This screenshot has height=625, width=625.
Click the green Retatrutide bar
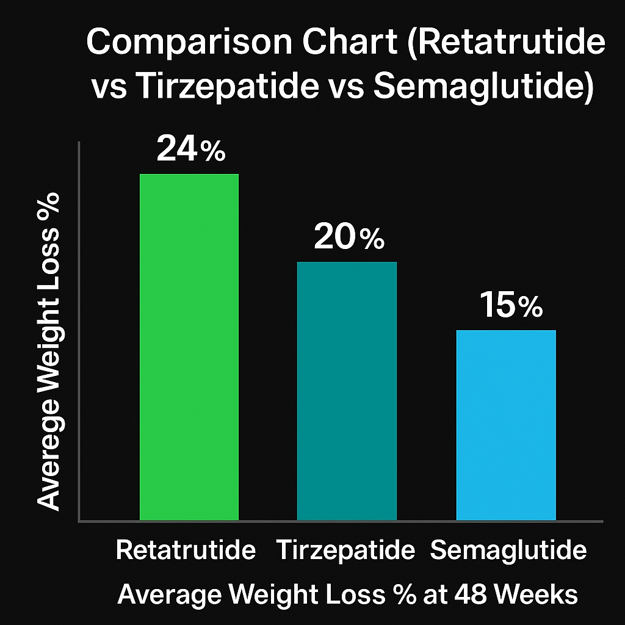pyautogui.click(x=189, y=347)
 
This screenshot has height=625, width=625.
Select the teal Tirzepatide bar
pyautogui.click(x=347, y=391)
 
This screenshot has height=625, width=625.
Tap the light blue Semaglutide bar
pyautogui.click(x=506, y=425)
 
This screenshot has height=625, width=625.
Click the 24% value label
pyautogui.click(x=191, y=149)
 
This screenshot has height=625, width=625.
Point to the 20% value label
pyautogui.click(x=349, y=237)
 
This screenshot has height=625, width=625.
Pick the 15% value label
pyautogui.click(x=511, y=305)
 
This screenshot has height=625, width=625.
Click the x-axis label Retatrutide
pyautogui.click(x=186, y=550)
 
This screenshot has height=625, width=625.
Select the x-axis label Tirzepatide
pyautogui.click(x=345, y=550)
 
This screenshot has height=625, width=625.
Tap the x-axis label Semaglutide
pyautogui.click(x=508, y=550)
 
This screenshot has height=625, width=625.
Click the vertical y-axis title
pyautogui.click(x=49, y=352)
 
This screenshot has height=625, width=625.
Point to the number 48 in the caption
pyautogui.click(x=471, y=594)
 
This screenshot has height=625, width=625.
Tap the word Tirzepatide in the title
pyautogui.click(x=227, y=87)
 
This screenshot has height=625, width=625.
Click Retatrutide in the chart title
pyautogui.click(x=507, y=42)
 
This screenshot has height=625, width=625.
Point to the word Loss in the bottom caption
pyautogui.click(x=356, y=594)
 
